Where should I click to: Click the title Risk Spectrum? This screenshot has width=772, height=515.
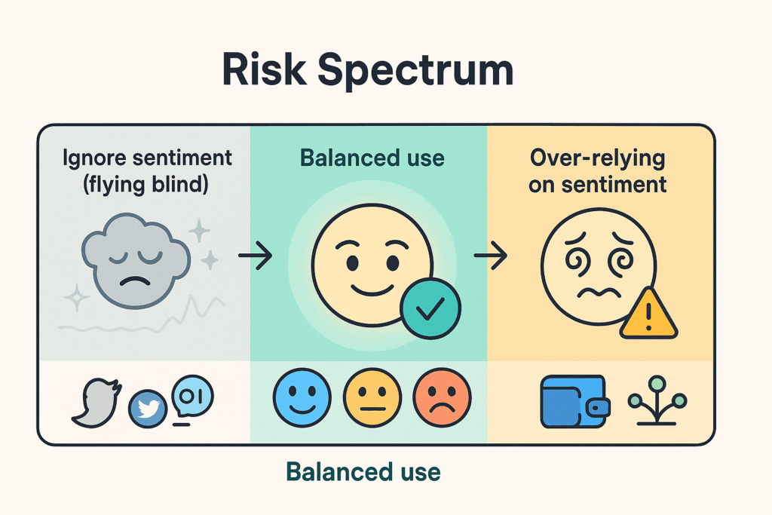(x=368, y=72)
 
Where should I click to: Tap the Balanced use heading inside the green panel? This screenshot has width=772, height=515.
(x=372, y=158)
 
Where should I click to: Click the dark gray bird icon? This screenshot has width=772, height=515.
(x=95, y=399)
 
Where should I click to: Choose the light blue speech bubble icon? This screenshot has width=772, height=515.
(x=192, y=396)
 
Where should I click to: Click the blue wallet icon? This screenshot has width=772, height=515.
(x=573, y=400)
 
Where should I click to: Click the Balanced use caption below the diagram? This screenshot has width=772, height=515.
(x=363, y=472)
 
